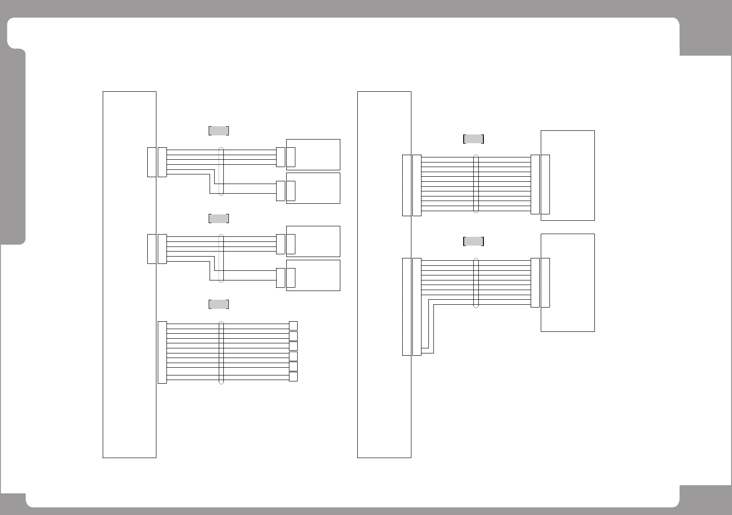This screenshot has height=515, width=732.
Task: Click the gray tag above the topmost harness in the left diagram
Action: click(x=219, y=130)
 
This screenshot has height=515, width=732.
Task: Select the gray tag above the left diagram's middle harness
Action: click(x=219, y=218)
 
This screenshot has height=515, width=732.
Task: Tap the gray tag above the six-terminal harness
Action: click(x=219, y=304)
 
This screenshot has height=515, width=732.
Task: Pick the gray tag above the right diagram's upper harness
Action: click(x=473, y=139)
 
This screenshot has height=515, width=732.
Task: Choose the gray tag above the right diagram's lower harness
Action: click(x=473, y=241)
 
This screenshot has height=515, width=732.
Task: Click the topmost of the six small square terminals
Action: click(x=294, y=326)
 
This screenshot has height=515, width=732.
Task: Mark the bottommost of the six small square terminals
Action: click(x=294, y=376)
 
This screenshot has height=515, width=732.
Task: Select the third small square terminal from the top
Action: click(x=294, y=346)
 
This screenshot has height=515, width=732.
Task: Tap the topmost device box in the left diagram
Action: click(x=316, y=154)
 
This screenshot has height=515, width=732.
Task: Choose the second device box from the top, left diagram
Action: click(x=316, y=188)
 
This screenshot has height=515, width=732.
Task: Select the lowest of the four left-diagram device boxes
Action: click(x=316, y=275)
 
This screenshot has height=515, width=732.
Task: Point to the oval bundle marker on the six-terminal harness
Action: click(x=221, y=353)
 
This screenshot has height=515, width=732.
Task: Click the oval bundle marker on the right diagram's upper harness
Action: click(x=476, y=184)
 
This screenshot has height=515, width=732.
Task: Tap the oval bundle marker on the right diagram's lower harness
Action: click(x=476, y=283)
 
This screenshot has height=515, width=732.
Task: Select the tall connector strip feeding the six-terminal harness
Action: click(x=162, y=353)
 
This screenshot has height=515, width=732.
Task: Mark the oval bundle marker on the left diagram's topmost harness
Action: click(x=221, y=172)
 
